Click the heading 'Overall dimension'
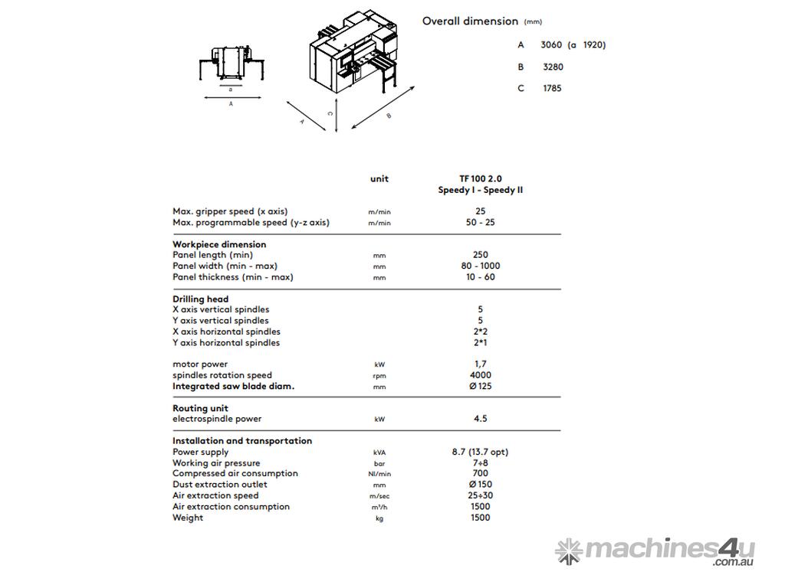[x=470, y=21]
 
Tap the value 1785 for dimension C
[x=552, y=88]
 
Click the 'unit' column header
[x=379, y=178]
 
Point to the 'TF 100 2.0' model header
[x=481, y=178]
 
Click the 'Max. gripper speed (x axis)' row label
[x=230, y=211]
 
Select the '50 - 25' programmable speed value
[x=481, y=222]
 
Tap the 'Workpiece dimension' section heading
[x=219, y=244]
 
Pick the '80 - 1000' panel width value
[x=481, y=266]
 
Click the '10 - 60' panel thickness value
[x=481, y=277]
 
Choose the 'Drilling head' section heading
[x=201, y=299]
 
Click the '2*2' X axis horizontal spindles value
[x=481, y=332]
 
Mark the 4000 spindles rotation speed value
[x=481, y=375]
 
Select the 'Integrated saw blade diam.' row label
[x=233, y=386]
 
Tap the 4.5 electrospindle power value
[x=481, y=419]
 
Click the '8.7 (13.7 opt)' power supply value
[x=481, y=452]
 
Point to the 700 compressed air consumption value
[x=481, y=473]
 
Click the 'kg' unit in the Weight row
[x=379, y=518]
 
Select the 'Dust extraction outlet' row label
[x=220, y=484]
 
